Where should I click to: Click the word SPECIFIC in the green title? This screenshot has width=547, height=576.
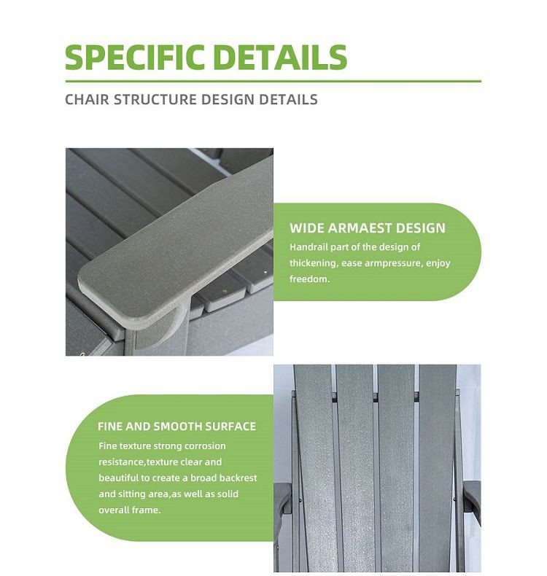[x=134, y=57]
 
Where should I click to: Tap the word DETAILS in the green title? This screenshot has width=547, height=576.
[x=280, y=57]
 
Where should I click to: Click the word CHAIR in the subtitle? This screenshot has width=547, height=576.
[x=87, y=100]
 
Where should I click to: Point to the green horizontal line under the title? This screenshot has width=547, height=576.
[x=273, y=81]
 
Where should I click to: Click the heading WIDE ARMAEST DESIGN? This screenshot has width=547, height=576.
[x=368, y=228]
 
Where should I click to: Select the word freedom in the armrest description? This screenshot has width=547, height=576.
[x=309, y=279]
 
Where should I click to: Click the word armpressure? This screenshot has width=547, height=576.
[x=392, y=263]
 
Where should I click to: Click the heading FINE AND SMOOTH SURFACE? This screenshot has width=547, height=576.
[x=176, y=426]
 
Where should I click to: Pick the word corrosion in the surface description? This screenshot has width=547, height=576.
[x=205, y=446]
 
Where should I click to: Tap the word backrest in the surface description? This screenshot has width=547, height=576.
[x=238, y=478]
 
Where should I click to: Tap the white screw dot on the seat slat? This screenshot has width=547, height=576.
[x=265, y=273]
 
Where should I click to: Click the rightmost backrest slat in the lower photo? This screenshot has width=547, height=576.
[x=437, y=467]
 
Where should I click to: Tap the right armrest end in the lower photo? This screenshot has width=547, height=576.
[x=472, y=499]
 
